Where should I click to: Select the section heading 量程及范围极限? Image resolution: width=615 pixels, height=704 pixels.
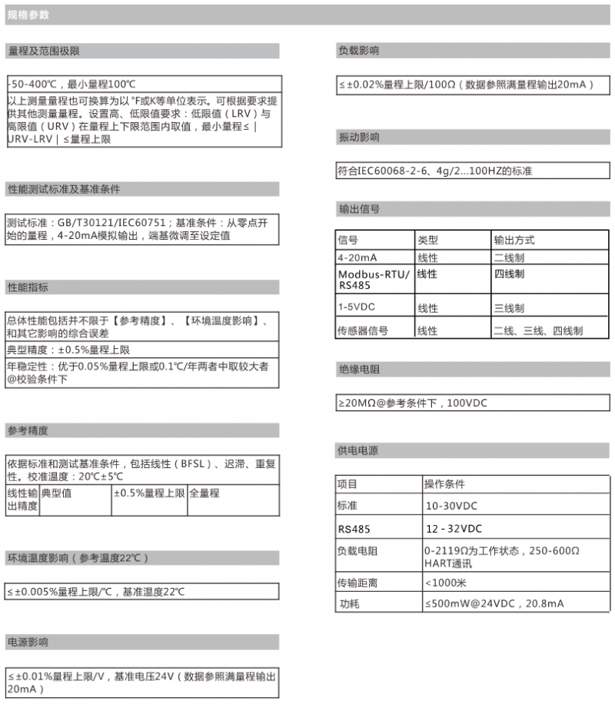coord(44,51)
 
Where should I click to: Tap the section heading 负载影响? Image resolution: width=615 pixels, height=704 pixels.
coord(358,51)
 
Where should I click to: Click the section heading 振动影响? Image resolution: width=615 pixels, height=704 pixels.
coord(358,138)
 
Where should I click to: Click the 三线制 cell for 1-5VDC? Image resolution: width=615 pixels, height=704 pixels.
coord(509,308)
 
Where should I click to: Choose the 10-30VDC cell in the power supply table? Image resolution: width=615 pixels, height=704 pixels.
coord(451,506)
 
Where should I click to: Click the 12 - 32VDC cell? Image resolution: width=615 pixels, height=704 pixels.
coord(454,529)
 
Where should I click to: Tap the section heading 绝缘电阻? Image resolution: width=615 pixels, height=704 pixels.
coord(358,370)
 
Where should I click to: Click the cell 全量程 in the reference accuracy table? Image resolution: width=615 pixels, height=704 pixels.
coord(204,493)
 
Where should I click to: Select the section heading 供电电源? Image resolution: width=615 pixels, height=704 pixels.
coord(358,450)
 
